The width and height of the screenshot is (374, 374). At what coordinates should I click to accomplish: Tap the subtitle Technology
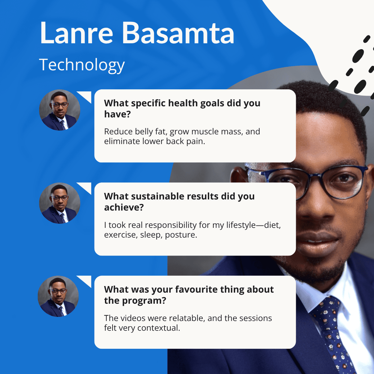pos(82,65)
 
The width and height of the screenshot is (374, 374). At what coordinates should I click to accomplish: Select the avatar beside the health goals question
pos(60,110)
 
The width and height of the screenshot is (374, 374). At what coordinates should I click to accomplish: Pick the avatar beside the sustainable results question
pos(60,203)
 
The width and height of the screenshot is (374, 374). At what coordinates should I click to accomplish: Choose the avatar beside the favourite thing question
pos(58,296)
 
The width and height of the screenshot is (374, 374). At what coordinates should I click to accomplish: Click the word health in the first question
pos(183,103)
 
